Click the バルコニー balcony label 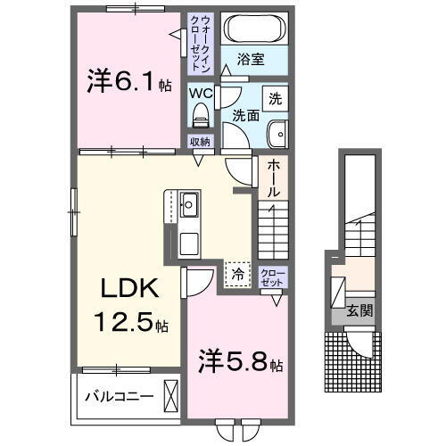(x=119, y=394)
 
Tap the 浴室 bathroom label (x=250, y=61)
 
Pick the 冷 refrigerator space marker (x=237, y=275)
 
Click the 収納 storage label (x=200, y=142)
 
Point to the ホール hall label (x=273, y=178)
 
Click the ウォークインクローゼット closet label (x=200, y=44)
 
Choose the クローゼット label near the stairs (x=270, y=277)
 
